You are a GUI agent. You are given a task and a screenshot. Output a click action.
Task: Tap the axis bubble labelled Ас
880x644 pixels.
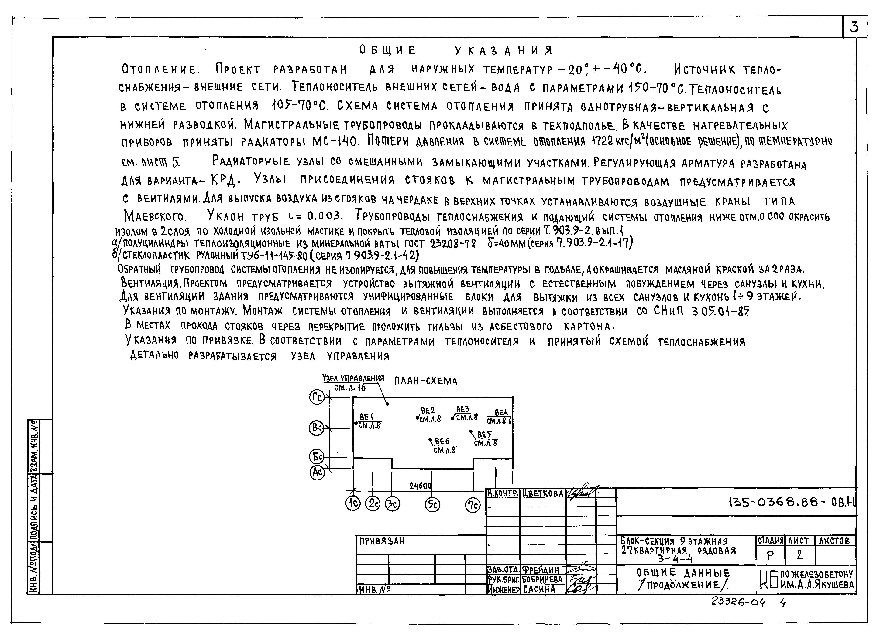(x=317, y=473)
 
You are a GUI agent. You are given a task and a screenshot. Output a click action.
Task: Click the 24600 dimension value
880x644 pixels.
(x=420, y=486)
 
